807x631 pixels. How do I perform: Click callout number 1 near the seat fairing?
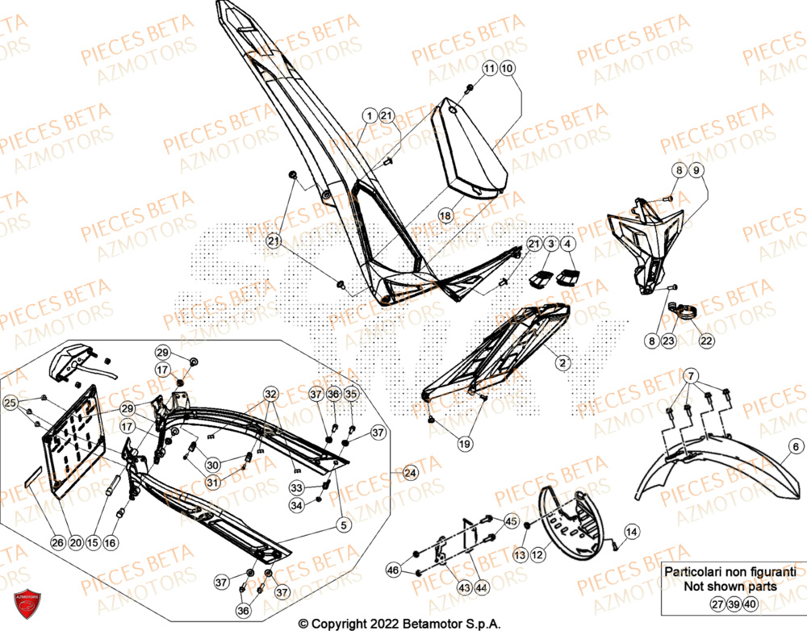[x=368, y=116]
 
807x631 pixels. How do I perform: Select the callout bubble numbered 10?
[x=507, y=70]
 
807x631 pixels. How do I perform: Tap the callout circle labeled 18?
[x=445, y=216]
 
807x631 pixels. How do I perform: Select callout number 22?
[x=706, y=341]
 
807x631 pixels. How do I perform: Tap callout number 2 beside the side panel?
[x=561, y=364]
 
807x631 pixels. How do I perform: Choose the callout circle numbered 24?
[x=410, y=472]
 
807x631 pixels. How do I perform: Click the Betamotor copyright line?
[x=399, y=623]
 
